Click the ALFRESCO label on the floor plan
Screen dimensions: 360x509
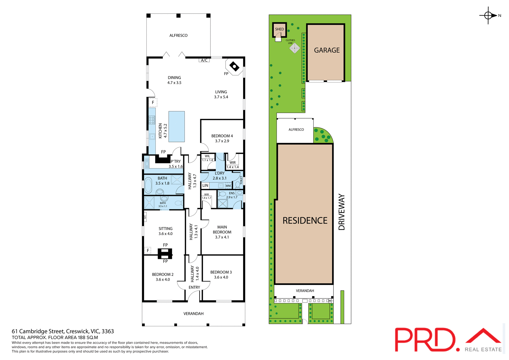pyautogui.click(x=178, y=36)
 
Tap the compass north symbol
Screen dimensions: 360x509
pyautogui.click(x=488, y=16)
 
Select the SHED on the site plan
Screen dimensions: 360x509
pyautogui.click(x=279, y=29)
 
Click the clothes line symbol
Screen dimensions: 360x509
pyautogui.click(x=295, y=48)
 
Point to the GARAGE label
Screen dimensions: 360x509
pyautogui.click(x=327, y=50)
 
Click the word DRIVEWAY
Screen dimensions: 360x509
pyautogui.click(x=342, y=212)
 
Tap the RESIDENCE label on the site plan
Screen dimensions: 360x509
pyautogui.click(x=305, y=221)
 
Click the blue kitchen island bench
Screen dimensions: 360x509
pyautogui.click(x=177, y=127)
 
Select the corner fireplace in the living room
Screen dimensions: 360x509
pyautogui.click(x=234, y=67)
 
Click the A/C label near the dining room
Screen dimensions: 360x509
pyautogui.click(x=204, y=60)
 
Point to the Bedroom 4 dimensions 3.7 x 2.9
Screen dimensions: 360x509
pyautogui.click(x=222, y=141)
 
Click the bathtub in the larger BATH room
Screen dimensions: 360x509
pyautogui.click(x=148, y=185)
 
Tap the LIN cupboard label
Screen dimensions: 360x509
pyautogui.click(x=205, y=185)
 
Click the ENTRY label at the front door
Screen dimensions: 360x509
pyautogui.click(x=194, y=288)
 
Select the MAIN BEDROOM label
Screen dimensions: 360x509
pyautogui.click(x=222, y=229)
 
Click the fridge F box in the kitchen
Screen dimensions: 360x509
pyautogui.click(x=153, y=102)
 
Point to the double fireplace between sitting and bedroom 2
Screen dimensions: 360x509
pyautogui.click(x=165, y=253)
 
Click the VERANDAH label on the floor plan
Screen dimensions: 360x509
pyautogui.click(x=194, y=314)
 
